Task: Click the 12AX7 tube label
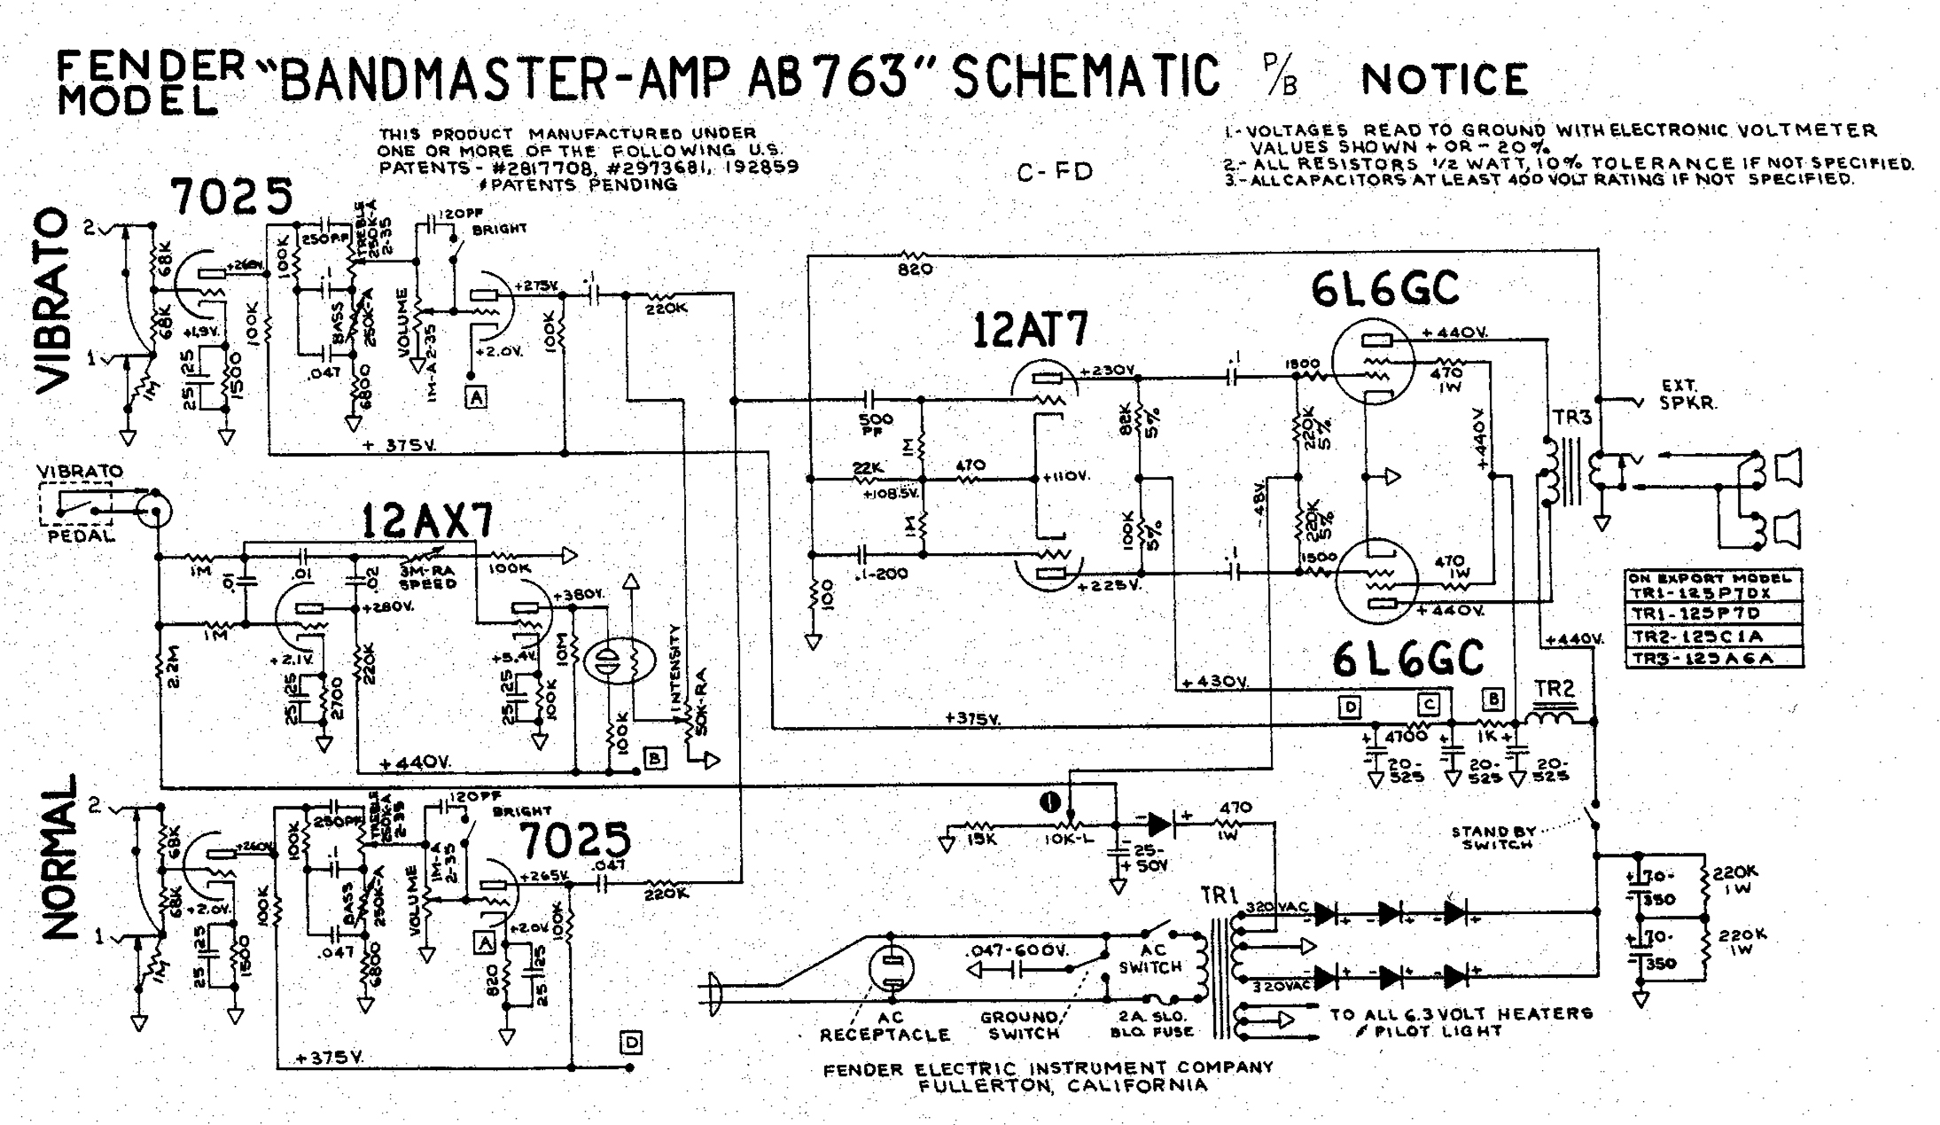[x=427, y=521]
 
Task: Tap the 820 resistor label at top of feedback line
[x=915, y=269]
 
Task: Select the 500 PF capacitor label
[x=876, y=424]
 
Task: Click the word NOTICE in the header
[x=1445, y=80]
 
